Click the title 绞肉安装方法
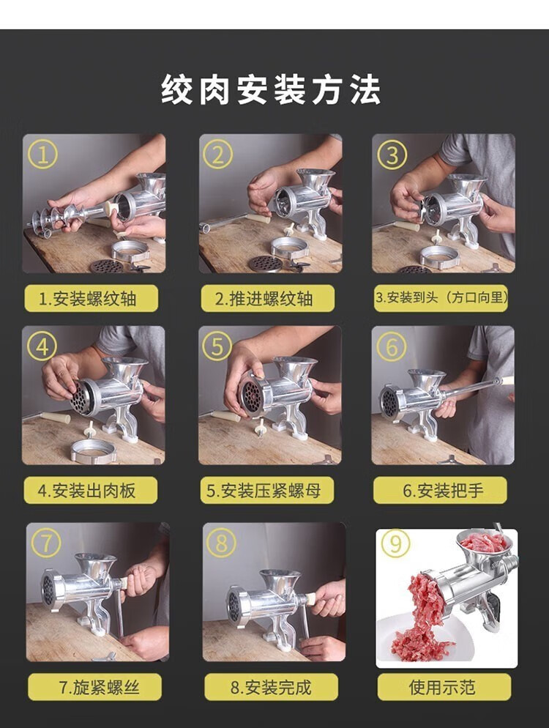click(271, 89)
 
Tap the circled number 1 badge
click(42, 155)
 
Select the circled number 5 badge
click(217, 347)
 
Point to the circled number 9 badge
click(395, 543)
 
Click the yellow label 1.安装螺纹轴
click(91, 299)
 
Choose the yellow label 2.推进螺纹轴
click(268, 299)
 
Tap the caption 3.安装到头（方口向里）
click(441, 297)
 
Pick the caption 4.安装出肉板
click(91, 490)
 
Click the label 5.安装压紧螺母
click(267, 490)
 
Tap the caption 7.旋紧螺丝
click(94, 687)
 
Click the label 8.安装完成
click(272, 687)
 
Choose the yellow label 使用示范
click(444, 687)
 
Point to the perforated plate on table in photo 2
click(266, 264)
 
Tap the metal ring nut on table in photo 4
click(94, 451)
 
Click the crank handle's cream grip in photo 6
click(507, 381)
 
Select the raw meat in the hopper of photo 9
click(485, 542)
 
